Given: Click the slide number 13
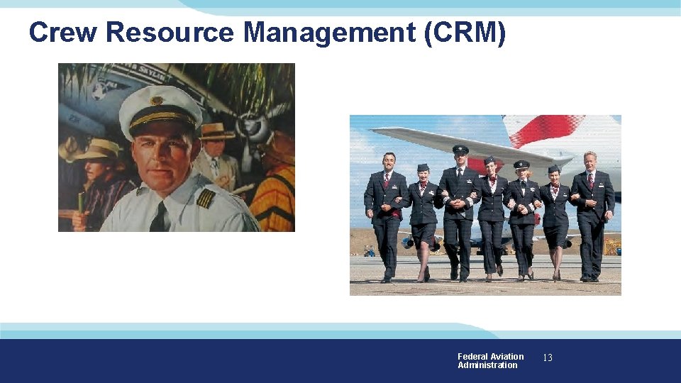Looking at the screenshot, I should (x=547, y=358).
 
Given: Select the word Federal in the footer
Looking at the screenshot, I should (x=472, y=357).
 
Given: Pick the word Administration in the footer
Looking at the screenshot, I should (x=487, y=365).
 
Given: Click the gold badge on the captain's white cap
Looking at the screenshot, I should (x=156, y=101).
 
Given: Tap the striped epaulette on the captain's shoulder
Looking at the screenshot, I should (x=205, y=198).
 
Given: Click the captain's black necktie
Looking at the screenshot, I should (x=158, y=217).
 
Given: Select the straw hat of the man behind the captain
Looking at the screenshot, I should (x=218, y=131).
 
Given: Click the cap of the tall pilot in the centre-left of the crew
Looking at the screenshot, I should (x=460, y=150).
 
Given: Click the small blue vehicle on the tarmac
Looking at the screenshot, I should (x=369, y=250).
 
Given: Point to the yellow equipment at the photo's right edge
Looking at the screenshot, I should (x=611, y=246).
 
